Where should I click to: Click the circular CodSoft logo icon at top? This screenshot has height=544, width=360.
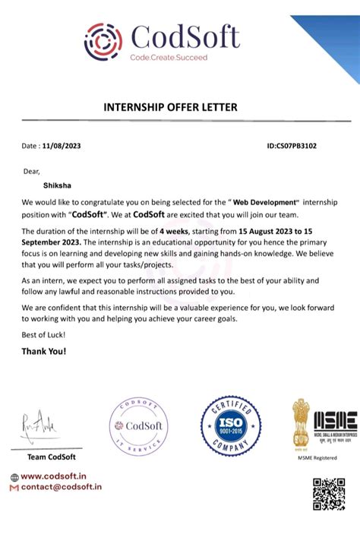click(x=103, y=40)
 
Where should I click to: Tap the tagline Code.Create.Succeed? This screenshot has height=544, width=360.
click(x=174, y=58)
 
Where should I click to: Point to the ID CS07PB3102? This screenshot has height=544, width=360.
click(x=292, y=145)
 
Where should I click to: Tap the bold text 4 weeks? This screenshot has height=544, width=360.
click(x=174, y=230)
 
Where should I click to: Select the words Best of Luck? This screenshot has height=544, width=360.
click(x=44, y=335)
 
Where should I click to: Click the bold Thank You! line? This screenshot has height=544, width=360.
click(x=44, y=351)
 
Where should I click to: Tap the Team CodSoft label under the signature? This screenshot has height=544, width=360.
click(x=52, y=456)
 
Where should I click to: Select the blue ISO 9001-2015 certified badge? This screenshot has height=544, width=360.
click(x=230, y=425)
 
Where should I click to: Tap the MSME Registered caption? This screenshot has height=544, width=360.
click(x=316, y=458)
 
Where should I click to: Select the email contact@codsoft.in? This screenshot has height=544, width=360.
click(x=60, y=487)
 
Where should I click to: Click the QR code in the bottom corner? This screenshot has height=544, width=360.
click(x=329, y=494)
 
